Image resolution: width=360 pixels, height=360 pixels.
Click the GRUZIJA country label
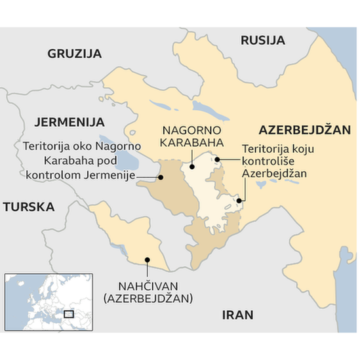tap(74, 54)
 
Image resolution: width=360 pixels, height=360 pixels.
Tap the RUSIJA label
tap(262, 40)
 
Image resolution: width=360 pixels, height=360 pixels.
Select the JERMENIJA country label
tap(69, 122)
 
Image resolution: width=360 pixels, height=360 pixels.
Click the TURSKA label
tap(28, 207)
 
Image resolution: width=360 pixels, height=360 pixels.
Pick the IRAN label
tap(237, 315)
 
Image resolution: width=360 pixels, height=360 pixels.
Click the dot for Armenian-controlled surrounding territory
tap(161, 176)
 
